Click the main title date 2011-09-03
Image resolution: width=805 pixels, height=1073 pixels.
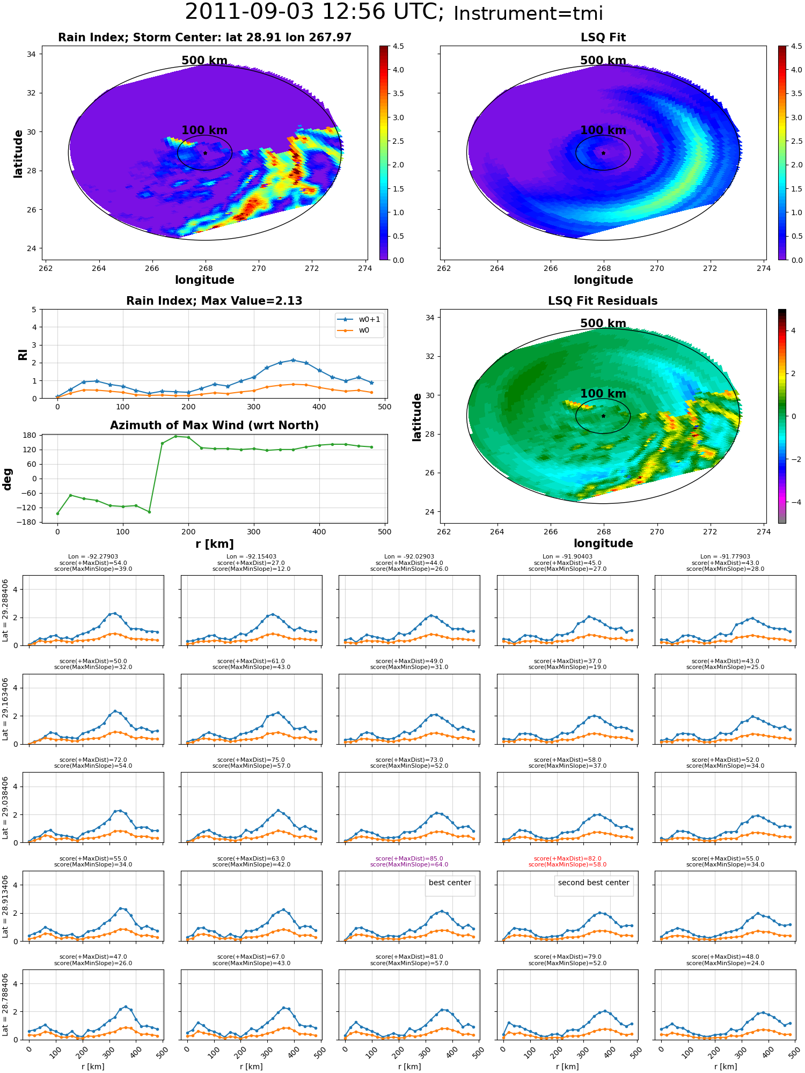259,12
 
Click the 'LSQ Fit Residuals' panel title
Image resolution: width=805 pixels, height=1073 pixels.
603,301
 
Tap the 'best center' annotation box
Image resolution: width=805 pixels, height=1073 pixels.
450,883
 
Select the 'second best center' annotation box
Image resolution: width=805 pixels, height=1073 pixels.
594,883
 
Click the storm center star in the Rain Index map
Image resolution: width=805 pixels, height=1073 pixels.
205,153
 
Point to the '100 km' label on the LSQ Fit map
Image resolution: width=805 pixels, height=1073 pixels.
603,130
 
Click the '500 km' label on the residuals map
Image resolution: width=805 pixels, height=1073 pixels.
603,324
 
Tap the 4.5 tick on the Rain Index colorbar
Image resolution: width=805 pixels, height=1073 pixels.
398,46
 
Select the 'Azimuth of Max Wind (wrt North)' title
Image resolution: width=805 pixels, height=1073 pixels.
214,425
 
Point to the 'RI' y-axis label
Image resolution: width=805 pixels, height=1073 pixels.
23,354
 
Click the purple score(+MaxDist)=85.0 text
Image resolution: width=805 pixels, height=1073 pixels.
409,858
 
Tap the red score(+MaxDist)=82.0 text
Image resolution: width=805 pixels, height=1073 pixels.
567,858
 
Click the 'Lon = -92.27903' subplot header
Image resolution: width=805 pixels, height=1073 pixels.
93,557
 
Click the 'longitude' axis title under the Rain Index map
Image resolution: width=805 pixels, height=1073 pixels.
204,280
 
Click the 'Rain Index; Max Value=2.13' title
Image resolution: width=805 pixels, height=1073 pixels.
214,301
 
